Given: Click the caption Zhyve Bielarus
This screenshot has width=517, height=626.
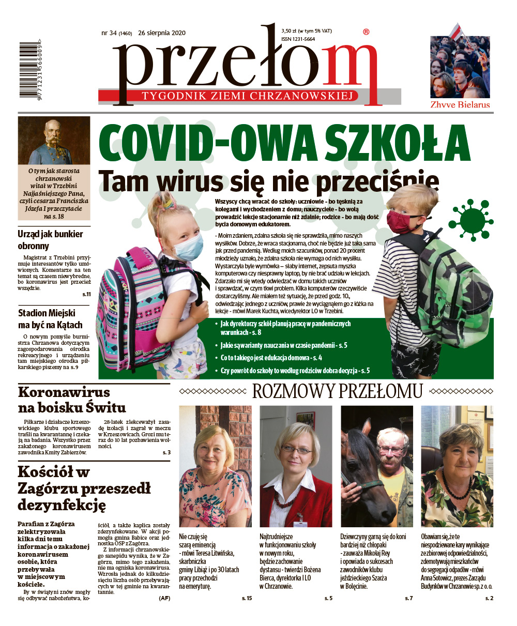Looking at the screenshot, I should pos(460,105).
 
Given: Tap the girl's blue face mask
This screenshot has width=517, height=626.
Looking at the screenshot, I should pos(188,246).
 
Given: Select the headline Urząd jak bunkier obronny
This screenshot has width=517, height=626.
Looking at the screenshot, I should pos(50,240).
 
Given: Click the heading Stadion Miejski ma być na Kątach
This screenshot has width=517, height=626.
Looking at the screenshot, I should pos(50,319).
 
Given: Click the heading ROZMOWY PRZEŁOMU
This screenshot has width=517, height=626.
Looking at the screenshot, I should pos(337,391).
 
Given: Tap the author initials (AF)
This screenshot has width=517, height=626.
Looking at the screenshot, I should pos(164,598).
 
